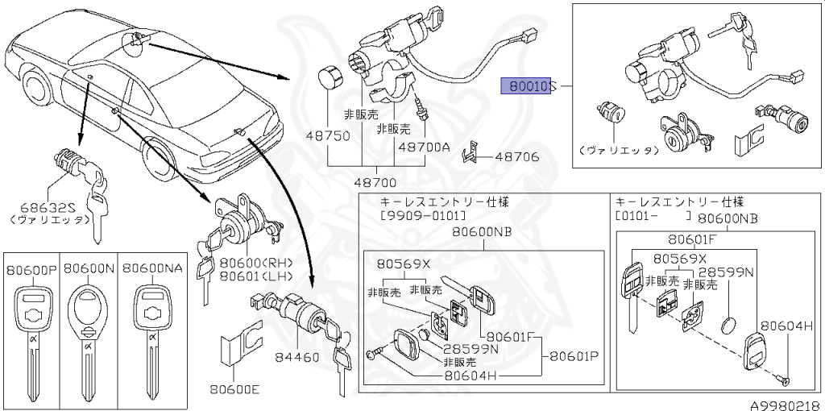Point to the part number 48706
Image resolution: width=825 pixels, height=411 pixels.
(516, 158)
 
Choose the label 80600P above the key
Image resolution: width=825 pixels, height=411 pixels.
(32, 268)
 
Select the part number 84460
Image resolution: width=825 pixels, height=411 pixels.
(297, 357)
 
